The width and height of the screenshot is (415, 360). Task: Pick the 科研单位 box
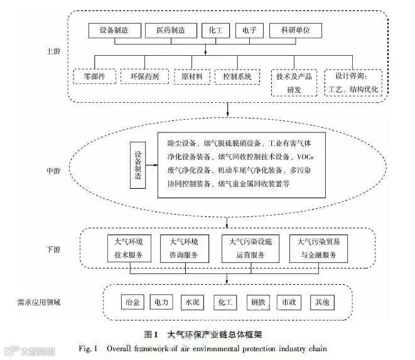click(x=296, y=31)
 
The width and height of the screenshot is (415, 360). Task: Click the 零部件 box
click(x=93, y=77)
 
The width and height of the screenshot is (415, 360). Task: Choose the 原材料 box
click(x=191, y=77)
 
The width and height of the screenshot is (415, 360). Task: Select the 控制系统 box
click(x=237, y=77)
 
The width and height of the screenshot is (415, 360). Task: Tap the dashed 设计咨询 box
click(x=353, y=82)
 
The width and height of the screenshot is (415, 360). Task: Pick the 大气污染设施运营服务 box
click(x=247, y=247)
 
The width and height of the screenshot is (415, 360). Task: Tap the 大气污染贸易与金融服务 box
click(x=316, y=247)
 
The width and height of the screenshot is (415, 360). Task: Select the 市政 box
click(x=289, y=301)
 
